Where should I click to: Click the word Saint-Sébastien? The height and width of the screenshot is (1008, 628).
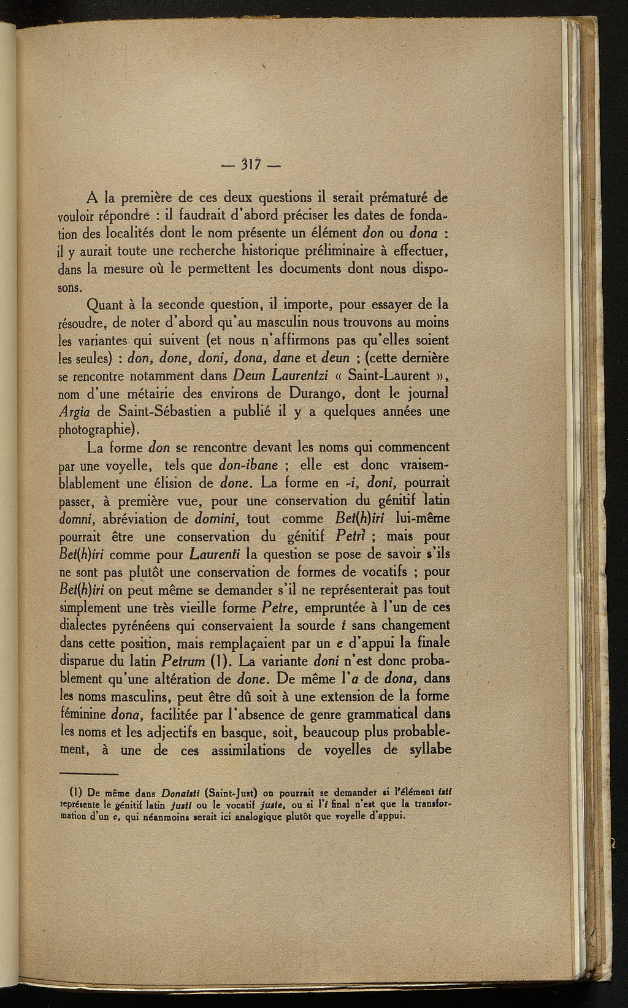click(159, 411)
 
